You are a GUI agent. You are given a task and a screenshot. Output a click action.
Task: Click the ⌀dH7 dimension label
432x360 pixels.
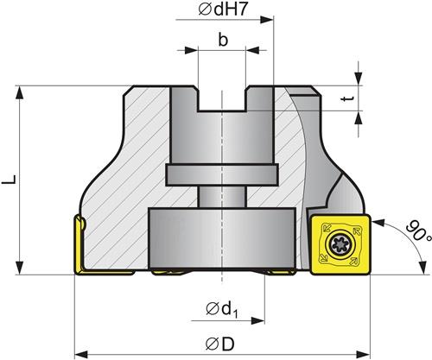(223, 9)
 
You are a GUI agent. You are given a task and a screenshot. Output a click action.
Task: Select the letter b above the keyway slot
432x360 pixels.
(223, 40)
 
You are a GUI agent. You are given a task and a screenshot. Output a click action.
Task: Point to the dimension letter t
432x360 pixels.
(347, 98)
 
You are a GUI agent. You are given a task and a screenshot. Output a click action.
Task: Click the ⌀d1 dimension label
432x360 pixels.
(222, 310)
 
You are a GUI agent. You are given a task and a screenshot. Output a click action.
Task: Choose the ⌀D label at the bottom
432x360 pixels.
(220, 344)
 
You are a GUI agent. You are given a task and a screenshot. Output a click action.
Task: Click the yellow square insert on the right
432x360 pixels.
(340, 244)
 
